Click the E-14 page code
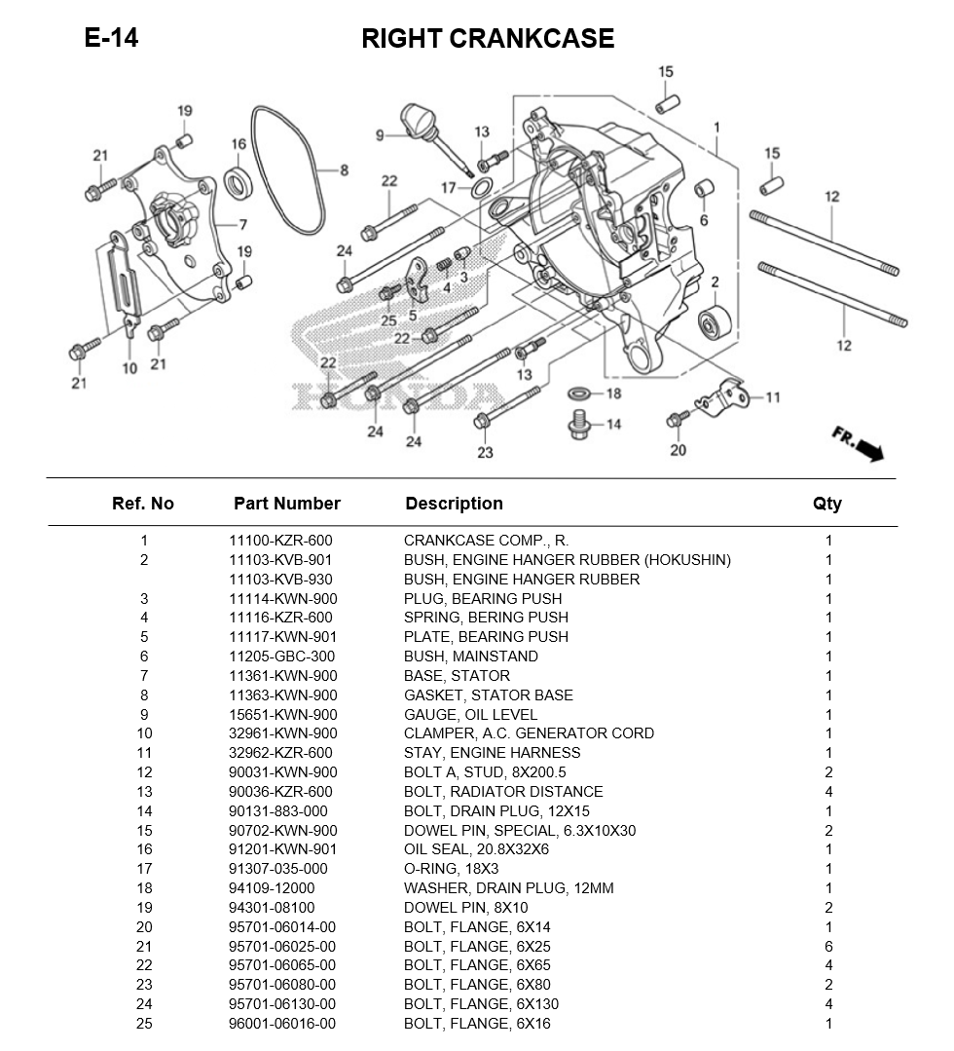(x=111, y=38)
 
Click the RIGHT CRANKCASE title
(x=488, y=39)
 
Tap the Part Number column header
(x=286, y=504)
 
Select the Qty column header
(x=827, y=504)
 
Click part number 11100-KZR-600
(x=280, y=541)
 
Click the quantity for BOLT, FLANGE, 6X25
(x=828, y=946)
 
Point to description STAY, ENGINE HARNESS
(x=492, y=753)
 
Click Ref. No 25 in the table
(x=144, y=1024)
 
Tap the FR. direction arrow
(x=858, y=442)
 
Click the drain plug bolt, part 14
(x=578, y=426)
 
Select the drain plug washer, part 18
(x=578, y=394)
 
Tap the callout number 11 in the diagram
(x=772, y=396)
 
